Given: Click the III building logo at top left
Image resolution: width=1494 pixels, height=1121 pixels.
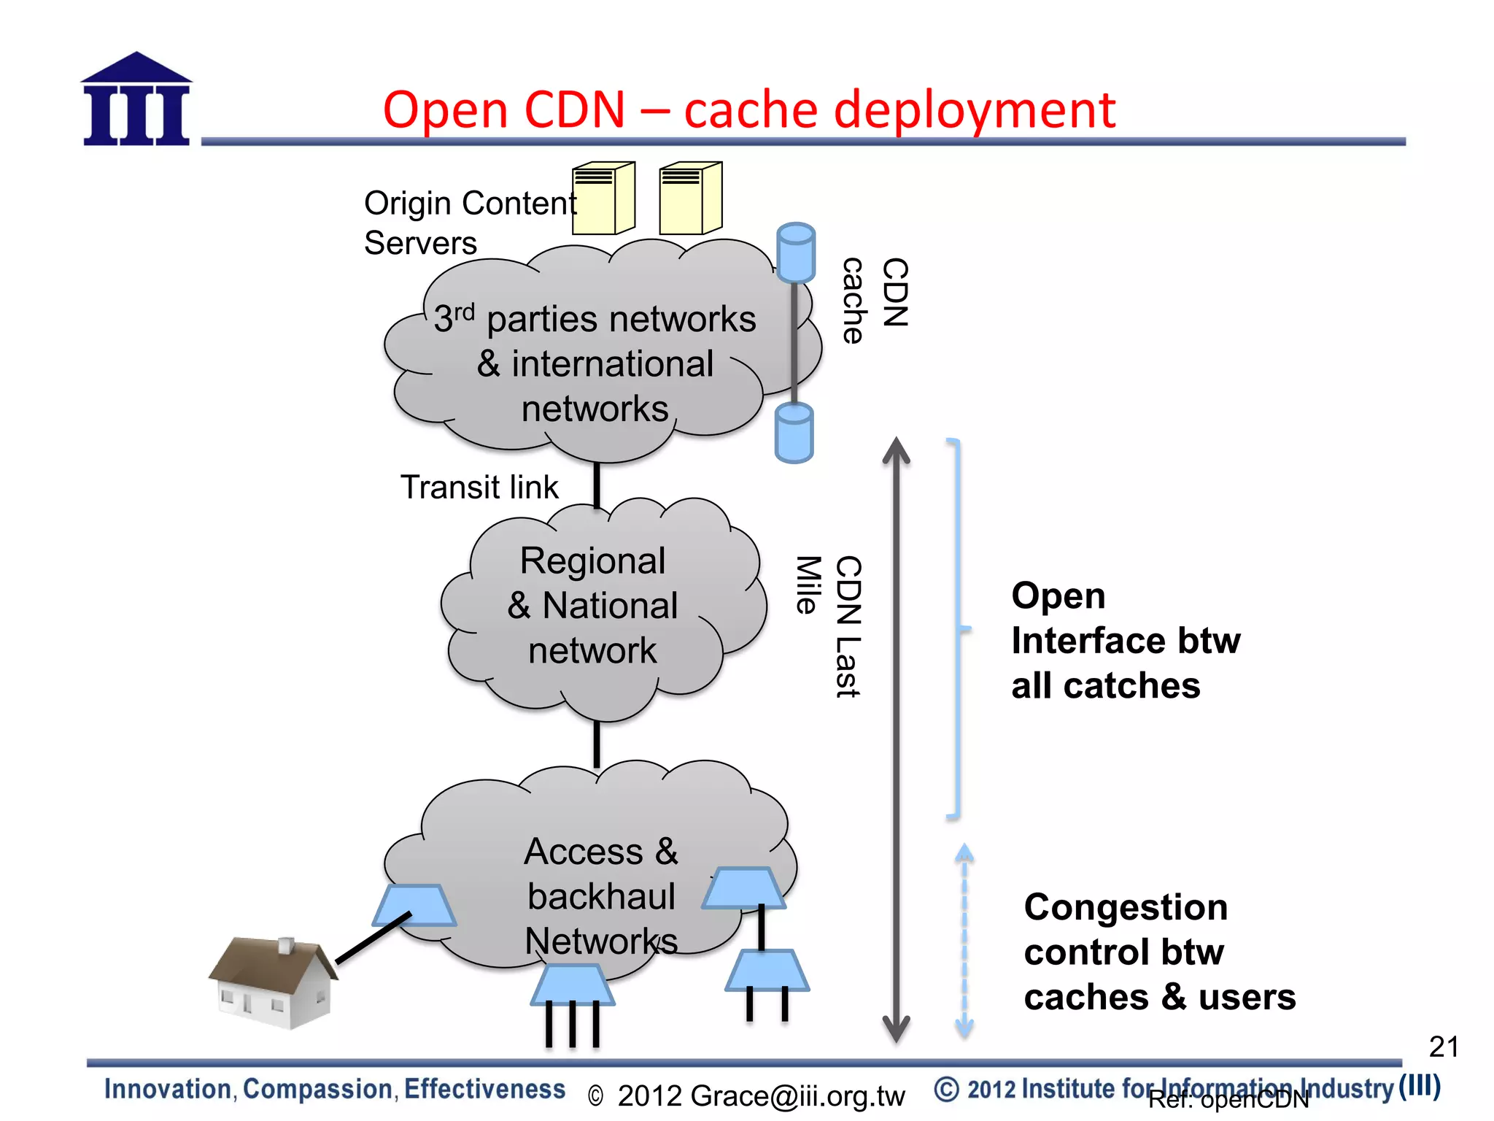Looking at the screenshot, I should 136,100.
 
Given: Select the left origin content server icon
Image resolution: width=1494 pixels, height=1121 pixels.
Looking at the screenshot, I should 603,199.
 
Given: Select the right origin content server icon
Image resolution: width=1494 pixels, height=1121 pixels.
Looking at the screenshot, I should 690,199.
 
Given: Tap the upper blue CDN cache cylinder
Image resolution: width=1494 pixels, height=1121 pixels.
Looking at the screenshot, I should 795,253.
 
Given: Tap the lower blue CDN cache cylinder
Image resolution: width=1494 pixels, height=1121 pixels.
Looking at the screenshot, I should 794,433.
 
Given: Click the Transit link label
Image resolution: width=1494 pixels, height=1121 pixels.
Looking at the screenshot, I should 479,488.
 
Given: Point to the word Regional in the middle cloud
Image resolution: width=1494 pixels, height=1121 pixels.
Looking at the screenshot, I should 592,561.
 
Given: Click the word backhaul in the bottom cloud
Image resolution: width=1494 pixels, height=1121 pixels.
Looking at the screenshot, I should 601,897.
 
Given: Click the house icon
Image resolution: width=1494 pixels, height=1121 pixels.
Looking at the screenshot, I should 273,982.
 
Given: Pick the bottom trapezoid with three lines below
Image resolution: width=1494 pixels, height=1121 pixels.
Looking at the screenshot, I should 573,985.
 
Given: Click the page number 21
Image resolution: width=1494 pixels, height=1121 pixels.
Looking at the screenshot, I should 1443,1047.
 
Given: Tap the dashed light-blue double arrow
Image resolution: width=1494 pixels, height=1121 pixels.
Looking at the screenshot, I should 964,941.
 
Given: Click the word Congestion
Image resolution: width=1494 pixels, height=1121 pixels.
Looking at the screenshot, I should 1126,908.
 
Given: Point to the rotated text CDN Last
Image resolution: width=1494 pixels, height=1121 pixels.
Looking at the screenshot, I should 848,626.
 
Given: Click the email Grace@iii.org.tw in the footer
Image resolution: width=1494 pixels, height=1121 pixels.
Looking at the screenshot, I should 761,1096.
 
